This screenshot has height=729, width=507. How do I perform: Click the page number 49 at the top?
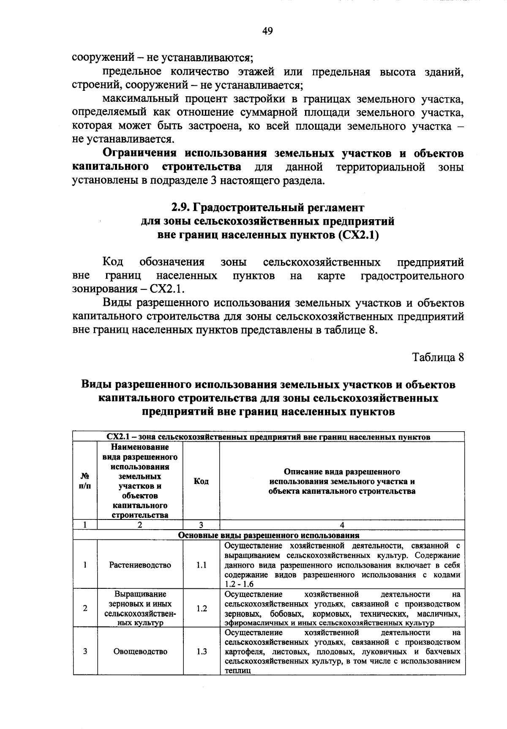[x=267, y=31]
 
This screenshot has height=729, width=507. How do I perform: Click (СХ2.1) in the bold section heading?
[x=358, y=235]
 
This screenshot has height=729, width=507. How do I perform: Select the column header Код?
[x=201, y=481]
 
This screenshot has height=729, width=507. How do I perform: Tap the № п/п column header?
[x=85, y=481]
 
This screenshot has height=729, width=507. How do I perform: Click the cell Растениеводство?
[x=140, y=565]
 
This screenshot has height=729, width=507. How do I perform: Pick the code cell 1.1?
[x=201, y=565]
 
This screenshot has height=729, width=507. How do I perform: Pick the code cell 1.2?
[x=201, y=608]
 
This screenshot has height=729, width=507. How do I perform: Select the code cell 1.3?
[x=201, y=651]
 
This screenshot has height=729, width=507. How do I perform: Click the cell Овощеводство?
[x=140, y=651]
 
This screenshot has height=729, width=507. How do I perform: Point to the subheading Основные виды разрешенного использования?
[x=269, y=535]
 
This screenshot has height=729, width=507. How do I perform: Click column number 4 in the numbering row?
[x=342, y=525]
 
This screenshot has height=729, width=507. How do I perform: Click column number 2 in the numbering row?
[x=140, y=525]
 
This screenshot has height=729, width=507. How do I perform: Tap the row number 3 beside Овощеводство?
[x=85, y=651]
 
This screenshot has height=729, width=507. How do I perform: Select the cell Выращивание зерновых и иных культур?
[x=140, y=608]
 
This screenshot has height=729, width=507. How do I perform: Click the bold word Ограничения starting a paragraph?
[x=140, y=153]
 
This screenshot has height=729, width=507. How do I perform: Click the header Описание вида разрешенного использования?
[x=342, y=481]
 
